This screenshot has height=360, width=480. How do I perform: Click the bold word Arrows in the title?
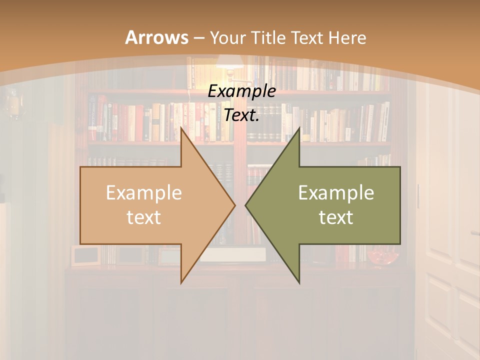point(156,37)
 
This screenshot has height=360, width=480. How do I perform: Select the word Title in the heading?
point(269,37)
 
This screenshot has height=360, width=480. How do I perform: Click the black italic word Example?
point(241,91)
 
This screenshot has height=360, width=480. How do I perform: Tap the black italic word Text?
point(241,115)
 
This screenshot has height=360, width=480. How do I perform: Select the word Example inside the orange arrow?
point(143,193)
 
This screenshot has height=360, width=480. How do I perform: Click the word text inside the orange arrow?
point(143,217)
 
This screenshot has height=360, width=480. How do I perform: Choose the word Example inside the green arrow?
point(336,193)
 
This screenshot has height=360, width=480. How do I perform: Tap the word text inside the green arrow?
point(336,217)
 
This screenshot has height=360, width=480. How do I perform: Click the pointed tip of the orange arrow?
point(234,204)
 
